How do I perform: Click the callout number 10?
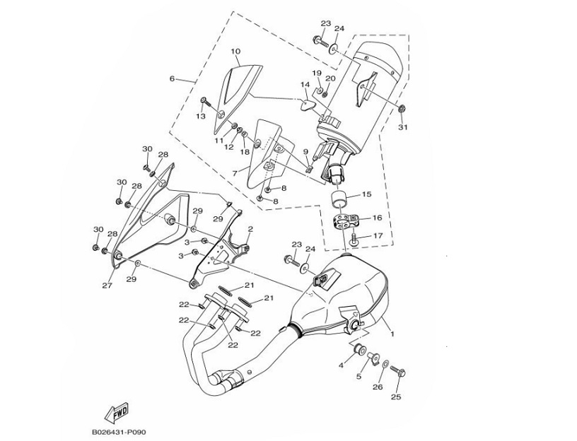(235, 51)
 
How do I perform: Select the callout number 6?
(172, 78)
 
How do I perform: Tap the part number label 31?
(404, 127)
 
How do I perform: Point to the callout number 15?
(366, 194)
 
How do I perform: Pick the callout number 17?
(378, 235)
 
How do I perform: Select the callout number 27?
(107, 286)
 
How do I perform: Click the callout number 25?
(396, 397)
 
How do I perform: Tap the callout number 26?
(377, 387)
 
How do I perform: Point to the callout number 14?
(305, 85)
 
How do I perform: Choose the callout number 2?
(250, 229)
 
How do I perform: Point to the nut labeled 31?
(402, 108)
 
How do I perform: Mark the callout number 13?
(201, 116)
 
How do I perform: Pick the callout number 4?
(341, 365)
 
